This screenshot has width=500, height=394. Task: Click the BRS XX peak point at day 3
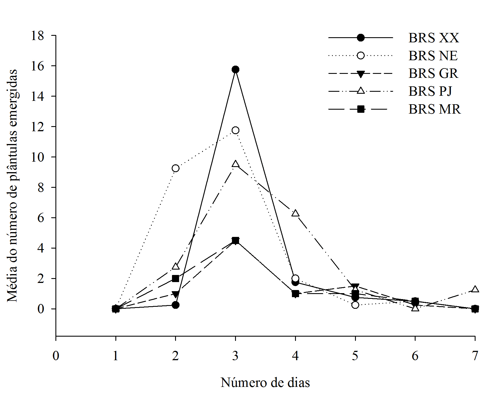[x=235, y=70]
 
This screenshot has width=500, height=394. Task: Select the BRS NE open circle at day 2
[x=176, y=168]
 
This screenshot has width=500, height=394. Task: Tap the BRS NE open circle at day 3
[x=235, y=130]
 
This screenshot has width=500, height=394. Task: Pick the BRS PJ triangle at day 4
[x=296, y=213]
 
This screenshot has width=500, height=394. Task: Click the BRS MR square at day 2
[x=176, y=278]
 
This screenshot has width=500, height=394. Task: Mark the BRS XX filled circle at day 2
[x=176, y=305]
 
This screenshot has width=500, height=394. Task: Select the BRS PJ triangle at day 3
[x=235, y=164]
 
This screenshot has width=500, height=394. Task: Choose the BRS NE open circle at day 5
[x=355, y=305]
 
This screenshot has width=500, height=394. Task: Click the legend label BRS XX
[x=433, y=38]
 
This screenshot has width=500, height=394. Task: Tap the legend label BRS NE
[x=433, y=56]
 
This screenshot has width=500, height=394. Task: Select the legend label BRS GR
[x=433, y=74]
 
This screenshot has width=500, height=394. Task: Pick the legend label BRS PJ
[x=430, y=91]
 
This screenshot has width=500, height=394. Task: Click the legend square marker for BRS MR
[x=361, y=109]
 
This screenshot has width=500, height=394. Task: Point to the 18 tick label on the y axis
[x=38, y=36]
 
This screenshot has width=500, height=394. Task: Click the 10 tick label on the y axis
[x=38, y=157]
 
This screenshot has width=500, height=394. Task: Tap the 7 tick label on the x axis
[x=475, y=356]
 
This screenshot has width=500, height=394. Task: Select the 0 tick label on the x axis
[x=56, y=356]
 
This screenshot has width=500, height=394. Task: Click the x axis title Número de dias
[x=265, y=383]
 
